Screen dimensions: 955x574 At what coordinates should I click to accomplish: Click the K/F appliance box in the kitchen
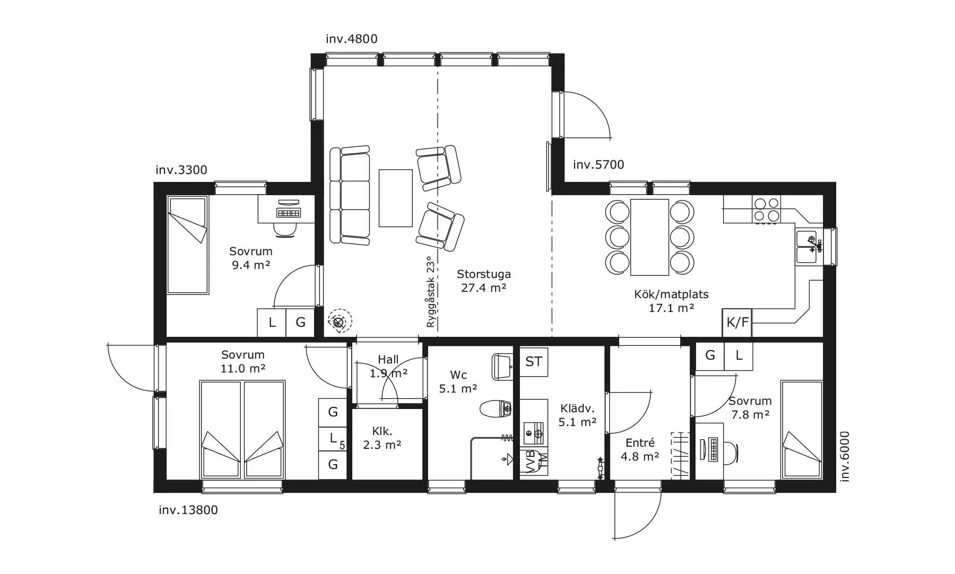click(x=737, y=323)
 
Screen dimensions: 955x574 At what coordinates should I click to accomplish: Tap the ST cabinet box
click(x=534, y=362)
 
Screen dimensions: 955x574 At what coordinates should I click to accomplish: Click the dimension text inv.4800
click(x=352, y=39)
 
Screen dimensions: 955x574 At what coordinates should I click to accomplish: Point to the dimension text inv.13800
click(x=188, y=510)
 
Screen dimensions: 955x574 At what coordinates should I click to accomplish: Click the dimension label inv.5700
click(x=598, y=164)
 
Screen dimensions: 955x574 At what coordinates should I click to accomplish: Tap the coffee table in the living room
click(x=395, y=198)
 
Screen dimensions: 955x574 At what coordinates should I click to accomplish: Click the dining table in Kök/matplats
click(x=649, y=237)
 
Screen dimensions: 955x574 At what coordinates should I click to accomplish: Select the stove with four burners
click(x=767, y=209)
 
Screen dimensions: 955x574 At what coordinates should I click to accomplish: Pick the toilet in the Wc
click(x=496, y=408)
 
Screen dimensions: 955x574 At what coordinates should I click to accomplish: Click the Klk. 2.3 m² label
click(x=382, y=438)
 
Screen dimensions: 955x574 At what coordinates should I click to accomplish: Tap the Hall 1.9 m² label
click(x=388, y=367)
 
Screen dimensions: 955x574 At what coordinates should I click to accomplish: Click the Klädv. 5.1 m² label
click(x=578, y=415)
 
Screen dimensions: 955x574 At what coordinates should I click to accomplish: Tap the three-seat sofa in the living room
click(x=350, y=195)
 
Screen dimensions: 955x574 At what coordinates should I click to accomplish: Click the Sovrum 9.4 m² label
click(x=251, y=258)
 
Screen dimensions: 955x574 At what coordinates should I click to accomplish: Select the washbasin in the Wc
click(x=502, y=367)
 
